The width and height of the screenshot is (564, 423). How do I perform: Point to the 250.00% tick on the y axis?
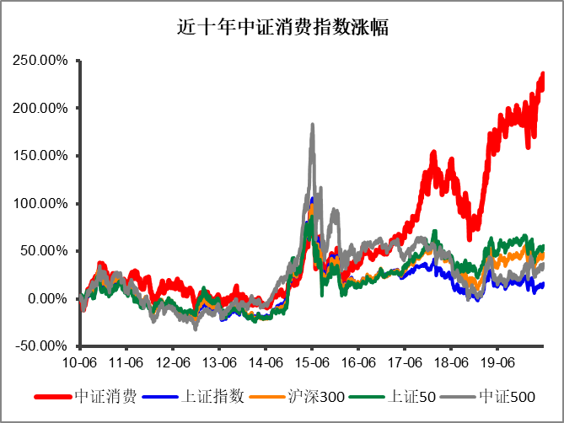point(40,61)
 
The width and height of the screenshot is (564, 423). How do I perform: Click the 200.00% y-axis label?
point(40,109)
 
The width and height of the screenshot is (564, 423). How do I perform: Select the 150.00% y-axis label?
point(40,156)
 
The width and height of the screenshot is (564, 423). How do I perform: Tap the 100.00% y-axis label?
point(40,204)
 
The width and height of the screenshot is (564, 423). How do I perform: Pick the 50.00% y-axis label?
point(44,251)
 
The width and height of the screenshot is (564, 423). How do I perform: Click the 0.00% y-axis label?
point(47,299)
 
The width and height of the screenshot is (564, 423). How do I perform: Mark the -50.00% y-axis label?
point(41,346)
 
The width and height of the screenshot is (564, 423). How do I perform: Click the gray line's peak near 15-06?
point(313,126)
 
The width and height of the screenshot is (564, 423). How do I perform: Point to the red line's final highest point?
point(542,74)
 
